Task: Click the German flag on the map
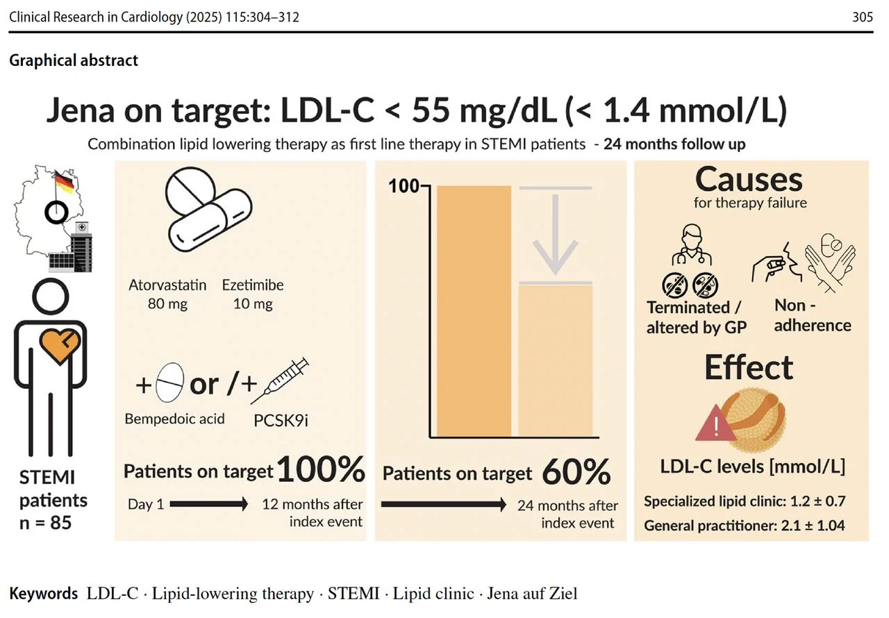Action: tap(65, 182)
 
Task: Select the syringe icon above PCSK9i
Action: tap(280, 381)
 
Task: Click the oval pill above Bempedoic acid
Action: tap(170, 383)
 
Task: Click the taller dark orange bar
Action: tap(474, 311)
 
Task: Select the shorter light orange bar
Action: tap(556, 361)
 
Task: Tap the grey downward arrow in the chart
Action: tap(555, 235)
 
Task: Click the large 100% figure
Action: tap(321, 469)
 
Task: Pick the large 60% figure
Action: tap(576, 471)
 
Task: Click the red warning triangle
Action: tap(715, 424)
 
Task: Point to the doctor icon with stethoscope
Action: tap(692, 244)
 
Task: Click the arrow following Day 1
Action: tap(209, 504)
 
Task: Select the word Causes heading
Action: tap(749, 180)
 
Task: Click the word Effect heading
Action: tap(749, 367)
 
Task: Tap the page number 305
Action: tap(863, 17)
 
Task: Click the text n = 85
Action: tap(45, 522)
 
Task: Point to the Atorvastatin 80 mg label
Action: tap(167, 294)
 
